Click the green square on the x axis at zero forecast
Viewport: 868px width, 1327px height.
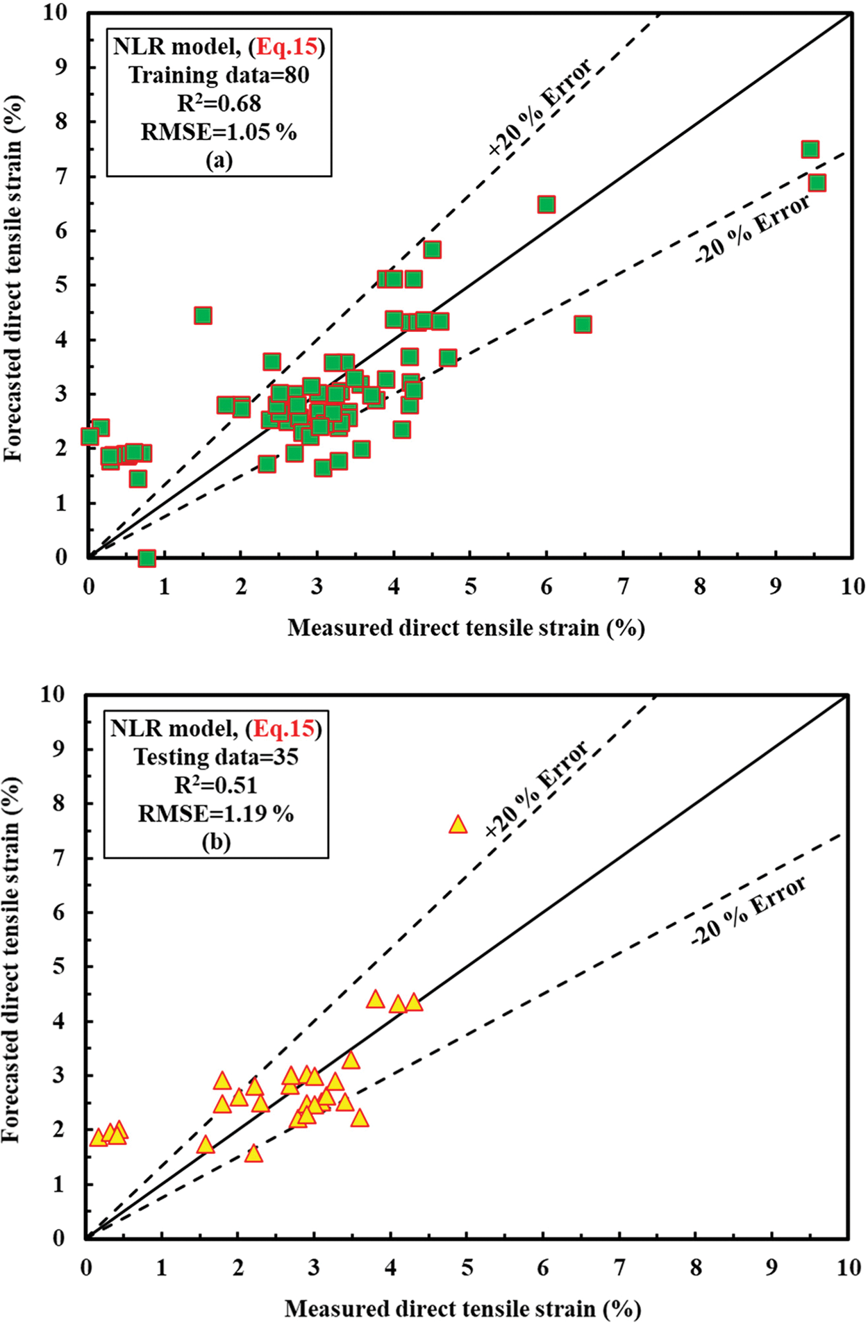pos(147,558)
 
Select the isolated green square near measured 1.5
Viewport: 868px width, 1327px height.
pos(203,316)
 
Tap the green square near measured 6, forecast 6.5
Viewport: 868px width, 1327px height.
pos(546,204)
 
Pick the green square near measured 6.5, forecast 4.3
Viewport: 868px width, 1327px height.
pos(583,324)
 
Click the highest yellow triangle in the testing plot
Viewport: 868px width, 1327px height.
pos(458,825)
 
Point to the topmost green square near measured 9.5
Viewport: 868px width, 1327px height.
pos(810,149)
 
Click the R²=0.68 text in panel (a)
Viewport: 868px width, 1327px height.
pos(219,103)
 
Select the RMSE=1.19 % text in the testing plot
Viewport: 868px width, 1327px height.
pos(216,813)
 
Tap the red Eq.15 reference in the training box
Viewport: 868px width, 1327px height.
pos(287,47)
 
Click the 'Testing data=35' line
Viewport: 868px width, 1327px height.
pos(216,756)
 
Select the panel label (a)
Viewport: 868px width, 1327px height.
pos(219,160)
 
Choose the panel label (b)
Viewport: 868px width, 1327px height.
pos(216,842)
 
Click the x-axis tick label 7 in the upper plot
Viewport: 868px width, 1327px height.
pos(623,587)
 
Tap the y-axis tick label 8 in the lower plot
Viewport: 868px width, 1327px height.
pos(59,803)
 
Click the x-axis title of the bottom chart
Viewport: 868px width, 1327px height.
pos(462,1309)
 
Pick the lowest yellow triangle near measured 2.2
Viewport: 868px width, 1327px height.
pos(253,1153)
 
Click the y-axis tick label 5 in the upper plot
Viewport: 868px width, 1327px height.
pos(62,285)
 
